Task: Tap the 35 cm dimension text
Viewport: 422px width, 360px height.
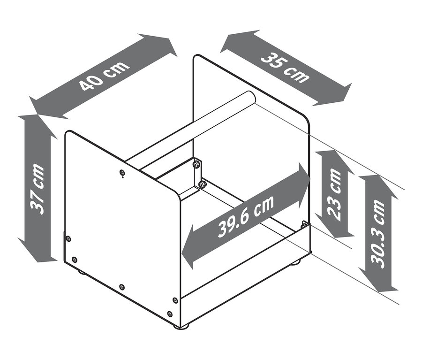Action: (x=285, y=68)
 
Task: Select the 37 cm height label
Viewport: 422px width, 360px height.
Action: (x=37, y=189)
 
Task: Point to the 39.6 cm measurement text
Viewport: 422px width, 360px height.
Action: (x=246, y=216)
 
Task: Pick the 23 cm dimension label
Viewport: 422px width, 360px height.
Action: (x=334, y=193)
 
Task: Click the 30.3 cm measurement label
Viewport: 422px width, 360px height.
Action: (x=377, y=234)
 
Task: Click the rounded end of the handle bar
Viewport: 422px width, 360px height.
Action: (x=250, y=98)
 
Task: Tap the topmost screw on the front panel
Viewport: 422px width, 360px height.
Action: (x=122, y=172)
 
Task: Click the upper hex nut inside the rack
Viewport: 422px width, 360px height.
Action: (x=196, y=164)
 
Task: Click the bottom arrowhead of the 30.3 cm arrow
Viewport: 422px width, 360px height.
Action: (x=378, y=280)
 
